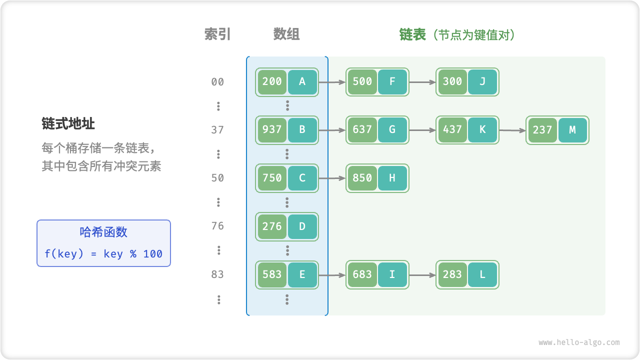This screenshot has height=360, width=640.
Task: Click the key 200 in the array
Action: [x=272, y=81]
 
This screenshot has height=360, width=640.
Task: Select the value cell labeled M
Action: [x=572, y=130]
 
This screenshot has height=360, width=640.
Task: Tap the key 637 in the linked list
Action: [x=362, y=130]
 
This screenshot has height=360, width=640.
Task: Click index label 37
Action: [x=217, y=130]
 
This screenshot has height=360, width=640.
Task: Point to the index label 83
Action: [x=217, y=274]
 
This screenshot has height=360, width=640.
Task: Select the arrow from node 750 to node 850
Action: [x=332, y=178]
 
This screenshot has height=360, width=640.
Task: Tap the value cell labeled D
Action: [x=302, y=226]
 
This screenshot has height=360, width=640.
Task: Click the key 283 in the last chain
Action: [x=452, y=274]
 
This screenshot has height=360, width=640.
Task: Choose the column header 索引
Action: [x=217, y=34]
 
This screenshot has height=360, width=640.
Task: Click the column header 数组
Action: [x=286, y=34]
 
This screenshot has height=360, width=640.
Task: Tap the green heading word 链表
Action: [x=412, y=34]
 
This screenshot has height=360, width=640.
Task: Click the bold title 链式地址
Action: [x=68, y=123]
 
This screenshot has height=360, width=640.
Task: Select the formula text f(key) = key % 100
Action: [x=103, y=254]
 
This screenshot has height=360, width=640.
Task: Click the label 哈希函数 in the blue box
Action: [x=103, y=232]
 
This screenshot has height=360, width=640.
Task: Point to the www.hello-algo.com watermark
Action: [x=579, y=342]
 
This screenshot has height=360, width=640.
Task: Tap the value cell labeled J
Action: [x=482, y=81]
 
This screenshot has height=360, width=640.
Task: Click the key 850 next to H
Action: [x=362, y=178]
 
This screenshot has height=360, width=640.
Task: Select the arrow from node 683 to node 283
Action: [x=422, y=274]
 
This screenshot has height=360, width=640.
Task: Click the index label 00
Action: [x=217, y=82]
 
